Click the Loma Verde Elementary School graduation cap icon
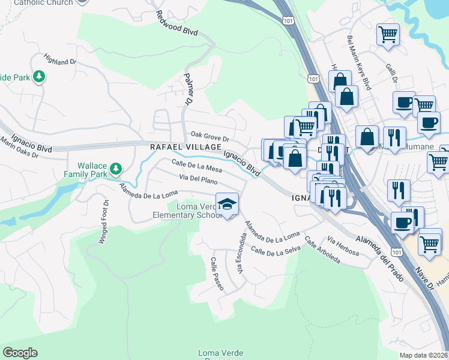point(227,204)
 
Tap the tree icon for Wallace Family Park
point(115,169)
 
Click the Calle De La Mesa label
point(196,166)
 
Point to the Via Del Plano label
point(198,179)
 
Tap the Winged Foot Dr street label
point(103,221)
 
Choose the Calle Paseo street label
point(216,274)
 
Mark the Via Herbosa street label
point(343,245)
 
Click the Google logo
point(20,353)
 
